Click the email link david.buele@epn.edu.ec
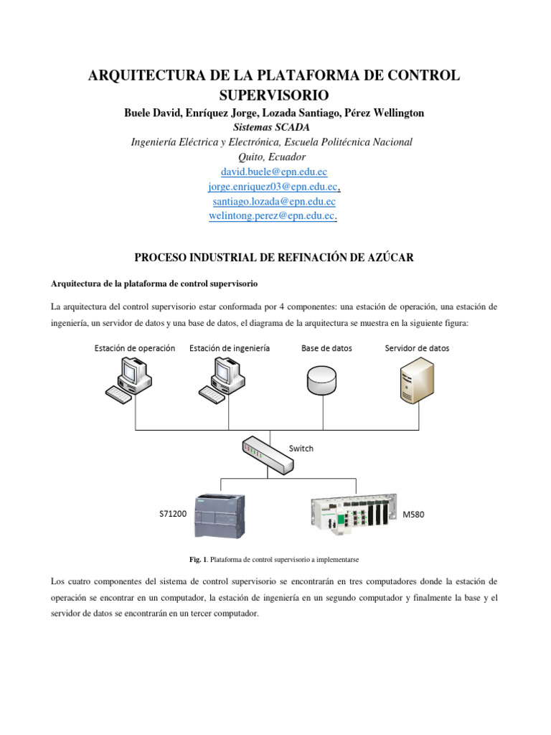[275, 172]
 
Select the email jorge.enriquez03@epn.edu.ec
[273, 187]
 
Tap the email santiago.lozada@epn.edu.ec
[275, 201]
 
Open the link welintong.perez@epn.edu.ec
[272, 215]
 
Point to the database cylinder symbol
[320, 380]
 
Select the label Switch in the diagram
[301, 449]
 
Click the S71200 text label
[174, 515]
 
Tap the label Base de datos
[326, 348]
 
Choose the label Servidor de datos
[418, 348]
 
